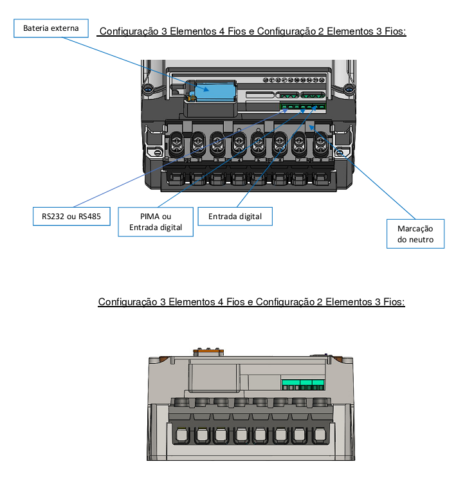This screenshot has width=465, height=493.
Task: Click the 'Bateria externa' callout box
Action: tap(51, 28)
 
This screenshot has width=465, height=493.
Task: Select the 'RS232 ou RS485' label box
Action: tap(71, 217)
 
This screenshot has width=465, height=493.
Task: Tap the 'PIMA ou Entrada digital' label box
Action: tap(156, 222)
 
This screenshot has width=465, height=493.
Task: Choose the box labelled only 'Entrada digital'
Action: tap(235, 217)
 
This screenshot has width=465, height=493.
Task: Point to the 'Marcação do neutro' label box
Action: tap(415, 234)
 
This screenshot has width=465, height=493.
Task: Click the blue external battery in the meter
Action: tap(215, 91)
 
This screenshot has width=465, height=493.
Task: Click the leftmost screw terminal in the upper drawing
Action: tap(177, 144)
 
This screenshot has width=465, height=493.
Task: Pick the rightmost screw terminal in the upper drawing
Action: tap(320, 144)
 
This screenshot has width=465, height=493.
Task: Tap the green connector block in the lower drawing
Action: tap(303, 384)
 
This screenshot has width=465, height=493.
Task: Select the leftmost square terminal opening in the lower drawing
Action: tap(181, 435)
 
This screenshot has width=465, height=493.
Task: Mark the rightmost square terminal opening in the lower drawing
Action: tap(320, 435)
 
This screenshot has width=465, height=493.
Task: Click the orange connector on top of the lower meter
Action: tap(208, 351)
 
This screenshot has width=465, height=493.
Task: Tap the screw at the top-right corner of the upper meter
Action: tap(349, 88)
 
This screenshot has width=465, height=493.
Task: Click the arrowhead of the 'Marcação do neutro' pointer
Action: tap(311, 127)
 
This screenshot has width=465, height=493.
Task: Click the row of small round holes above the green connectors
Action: tap(293, 80)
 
